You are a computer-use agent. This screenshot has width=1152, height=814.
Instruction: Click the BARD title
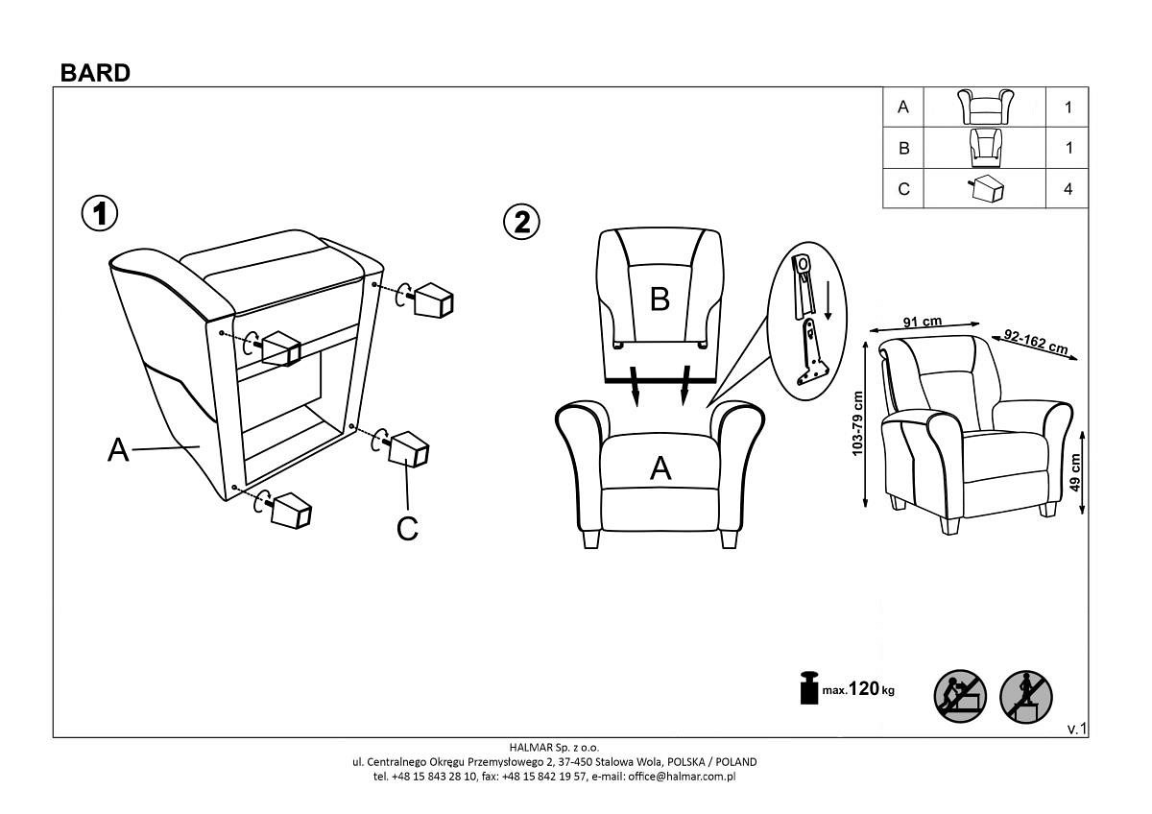coord(95,73)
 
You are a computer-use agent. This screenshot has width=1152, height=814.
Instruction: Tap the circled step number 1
coord(100,213)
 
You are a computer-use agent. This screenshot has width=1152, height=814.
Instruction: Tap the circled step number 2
coord(521,222)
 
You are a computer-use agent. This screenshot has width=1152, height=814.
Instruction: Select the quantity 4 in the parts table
coord(1068,189)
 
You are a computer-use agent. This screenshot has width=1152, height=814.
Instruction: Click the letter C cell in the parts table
coord(903,189)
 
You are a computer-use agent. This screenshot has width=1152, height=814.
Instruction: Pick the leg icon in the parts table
coord(985,188)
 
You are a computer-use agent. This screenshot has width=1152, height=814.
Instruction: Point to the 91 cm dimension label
coord(923,322)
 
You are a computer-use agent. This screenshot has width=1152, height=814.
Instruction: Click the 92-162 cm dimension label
coord(1036,342)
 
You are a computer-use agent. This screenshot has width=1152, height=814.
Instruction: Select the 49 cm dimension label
coord(1074,473)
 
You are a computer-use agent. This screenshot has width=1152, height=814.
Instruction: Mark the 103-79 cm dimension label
coord(856,423)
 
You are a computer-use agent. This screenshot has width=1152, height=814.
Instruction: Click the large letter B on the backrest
coord(660,299)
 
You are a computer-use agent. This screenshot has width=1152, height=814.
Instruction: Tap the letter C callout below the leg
coord(407,528)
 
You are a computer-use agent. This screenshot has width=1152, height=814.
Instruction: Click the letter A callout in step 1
coord(118,450)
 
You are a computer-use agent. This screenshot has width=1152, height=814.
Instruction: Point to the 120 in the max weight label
coord(863,688)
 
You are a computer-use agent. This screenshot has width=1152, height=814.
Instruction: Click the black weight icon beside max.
coord(809,687)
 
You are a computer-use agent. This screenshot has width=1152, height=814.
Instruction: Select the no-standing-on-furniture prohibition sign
coord(1025,697)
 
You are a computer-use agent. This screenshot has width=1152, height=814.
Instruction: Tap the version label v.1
coord(1077,729)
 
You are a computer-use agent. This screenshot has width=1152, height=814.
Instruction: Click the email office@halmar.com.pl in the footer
coord(682,776)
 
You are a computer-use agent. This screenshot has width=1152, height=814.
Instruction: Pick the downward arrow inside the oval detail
coord(828,300)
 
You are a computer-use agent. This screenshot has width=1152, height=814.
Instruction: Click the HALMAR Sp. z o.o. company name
coord(555,747)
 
